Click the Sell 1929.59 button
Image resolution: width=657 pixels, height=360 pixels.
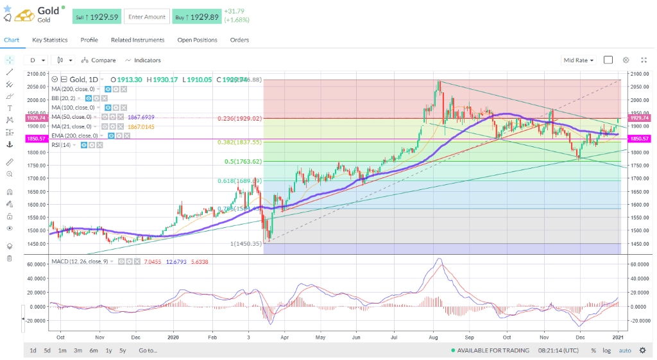tap(96, 17)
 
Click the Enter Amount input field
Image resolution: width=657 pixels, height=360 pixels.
tap(146, 17)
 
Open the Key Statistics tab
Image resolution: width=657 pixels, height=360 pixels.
tap(50, 40)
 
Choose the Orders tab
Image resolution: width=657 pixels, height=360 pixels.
tap(239, 40)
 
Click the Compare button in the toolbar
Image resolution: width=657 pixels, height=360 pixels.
tap(99, 60)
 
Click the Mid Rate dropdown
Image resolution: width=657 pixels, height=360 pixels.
tap(578, 60)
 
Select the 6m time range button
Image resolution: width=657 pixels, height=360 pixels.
tap(94, 350)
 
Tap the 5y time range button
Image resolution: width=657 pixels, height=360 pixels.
tap(123, 350)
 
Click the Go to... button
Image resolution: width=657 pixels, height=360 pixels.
tap(148, 350)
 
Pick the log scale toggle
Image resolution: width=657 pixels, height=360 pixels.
tap(607, 350)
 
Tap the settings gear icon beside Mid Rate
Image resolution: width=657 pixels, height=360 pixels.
tap(626, 60)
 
